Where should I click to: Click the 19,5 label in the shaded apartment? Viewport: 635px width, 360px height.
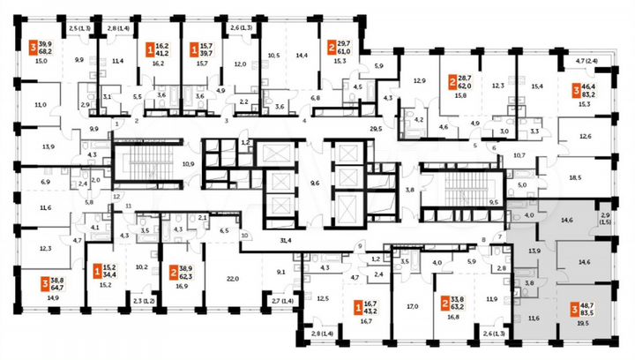pyautogui.click(x=583, y=323)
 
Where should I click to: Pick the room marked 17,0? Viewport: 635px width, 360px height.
pyautogui.click(x=412, y=308)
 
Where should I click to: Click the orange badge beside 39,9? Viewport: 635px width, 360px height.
pyautogui.click(x=34, y=49)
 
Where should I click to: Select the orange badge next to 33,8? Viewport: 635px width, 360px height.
pyautogui.click(x=444, y=304)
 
